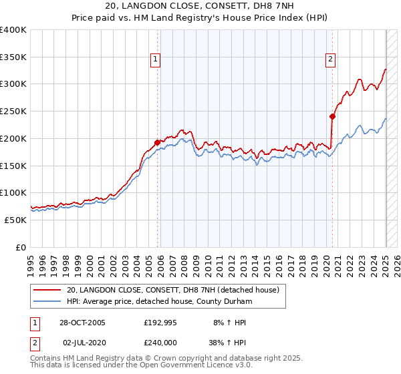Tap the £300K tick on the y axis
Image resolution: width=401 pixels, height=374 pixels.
point(13,84)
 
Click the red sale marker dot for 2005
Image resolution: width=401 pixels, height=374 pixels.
point(158,142)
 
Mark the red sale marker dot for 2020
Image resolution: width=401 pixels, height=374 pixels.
point(332,116)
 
